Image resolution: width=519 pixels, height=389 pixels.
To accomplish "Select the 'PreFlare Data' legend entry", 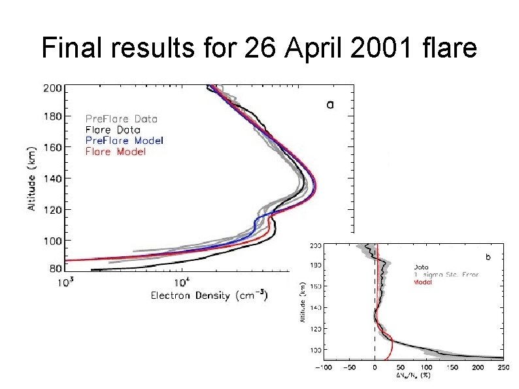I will click(x=122, y=119).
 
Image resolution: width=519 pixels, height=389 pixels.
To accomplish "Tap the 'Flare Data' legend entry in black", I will click(x=112, y=129).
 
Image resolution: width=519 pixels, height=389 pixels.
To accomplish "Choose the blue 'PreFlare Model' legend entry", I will click(x=124, y=141).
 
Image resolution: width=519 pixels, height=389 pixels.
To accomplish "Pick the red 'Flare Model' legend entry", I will click(x=115, y=152).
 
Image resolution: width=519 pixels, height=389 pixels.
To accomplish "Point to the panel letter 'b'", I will click(x=485, y=257).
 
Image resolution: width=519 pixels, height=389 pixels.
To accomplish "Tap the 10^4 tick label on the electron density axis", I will click(x=181, y=282).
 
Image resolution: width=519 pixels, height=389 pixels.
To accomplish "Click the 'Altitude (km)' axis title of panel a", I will click(x=31, y=178).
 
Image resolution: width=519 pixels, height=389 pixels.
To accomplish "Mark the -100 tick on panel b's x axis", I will click(x=324, y=367).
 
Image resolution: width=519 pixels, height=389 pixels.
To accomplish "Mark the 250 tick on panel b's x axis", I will click(x=502, y=367).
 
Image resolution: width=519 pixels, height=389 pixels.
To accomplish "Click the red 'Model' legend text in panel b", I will click(x=423, y=282).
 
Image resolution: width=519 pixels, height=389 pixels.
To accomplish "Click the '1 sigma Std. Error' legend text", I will click(x=446, y=275).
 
